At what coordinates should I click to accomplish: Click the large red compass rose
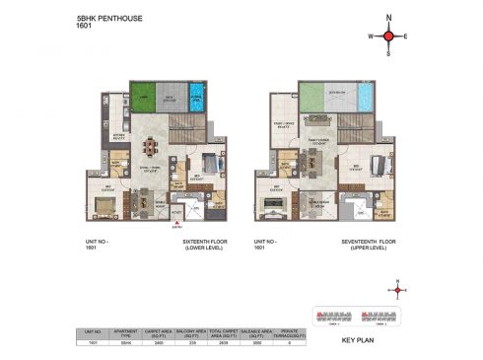tap(388, 37)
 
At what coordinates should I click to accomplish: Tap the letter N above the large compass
tap(388, 17)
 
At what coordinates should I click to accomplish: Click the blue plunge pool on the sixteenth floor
tap(197, 97)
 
